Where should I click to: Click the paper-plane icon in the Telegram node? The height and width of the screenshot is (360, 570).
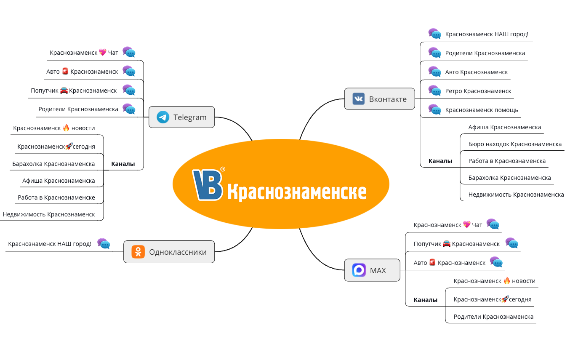163,117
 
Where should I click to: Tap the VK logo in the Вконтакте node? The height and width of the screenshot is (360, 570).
359,99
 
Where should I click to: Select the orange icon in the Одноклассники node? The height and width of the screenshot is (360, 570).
138,252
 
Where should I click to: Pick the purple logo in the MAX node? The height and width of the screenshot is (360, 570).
359,270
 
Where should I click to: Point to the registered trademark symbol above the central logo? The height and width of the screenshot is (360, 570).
223,169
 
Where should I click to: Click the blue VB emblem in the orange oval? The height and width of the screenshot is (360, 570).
208,185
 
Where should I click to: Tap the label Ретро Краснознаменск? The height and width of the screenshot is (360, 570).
478,91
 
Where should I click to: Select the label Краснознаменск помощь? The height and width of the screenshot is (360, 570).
482,110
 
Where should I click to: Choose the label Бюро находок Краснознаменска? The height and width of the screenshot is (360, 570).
515,144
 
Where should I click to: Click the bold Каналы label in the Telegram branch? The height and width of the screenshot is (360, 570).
123,164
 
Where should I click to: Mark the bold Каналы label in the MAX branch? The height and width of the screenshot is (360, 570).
426,300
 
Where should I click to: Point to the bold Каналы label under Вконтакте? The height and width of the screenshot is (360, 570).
440,161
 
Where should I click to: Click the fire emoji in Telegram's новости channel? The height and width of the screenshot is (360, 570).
66,128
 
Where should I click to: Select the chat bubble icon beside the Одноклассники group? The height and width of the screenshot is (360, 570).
104,243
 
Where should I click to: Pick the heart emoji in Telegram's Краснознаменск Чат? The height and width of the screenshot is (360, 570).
103,53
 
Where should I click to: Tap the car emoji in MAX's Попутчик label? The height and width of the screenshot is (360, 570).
447,244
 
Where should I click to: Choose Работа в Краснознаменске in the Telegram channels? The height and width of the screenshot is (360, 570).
56,197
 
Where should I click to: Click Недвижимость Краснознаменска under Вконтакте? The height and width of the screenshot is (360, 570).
516,195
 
